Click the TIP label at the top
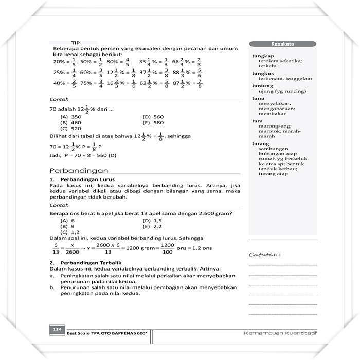coord(75,43)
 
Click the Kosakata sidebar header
coord(282,44)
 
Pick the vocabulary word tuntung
coord(263,86)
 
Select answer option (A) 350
coord(71,117)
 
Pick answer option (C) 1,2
coord(70,232)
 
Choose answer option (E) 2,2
coord(152,226)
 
